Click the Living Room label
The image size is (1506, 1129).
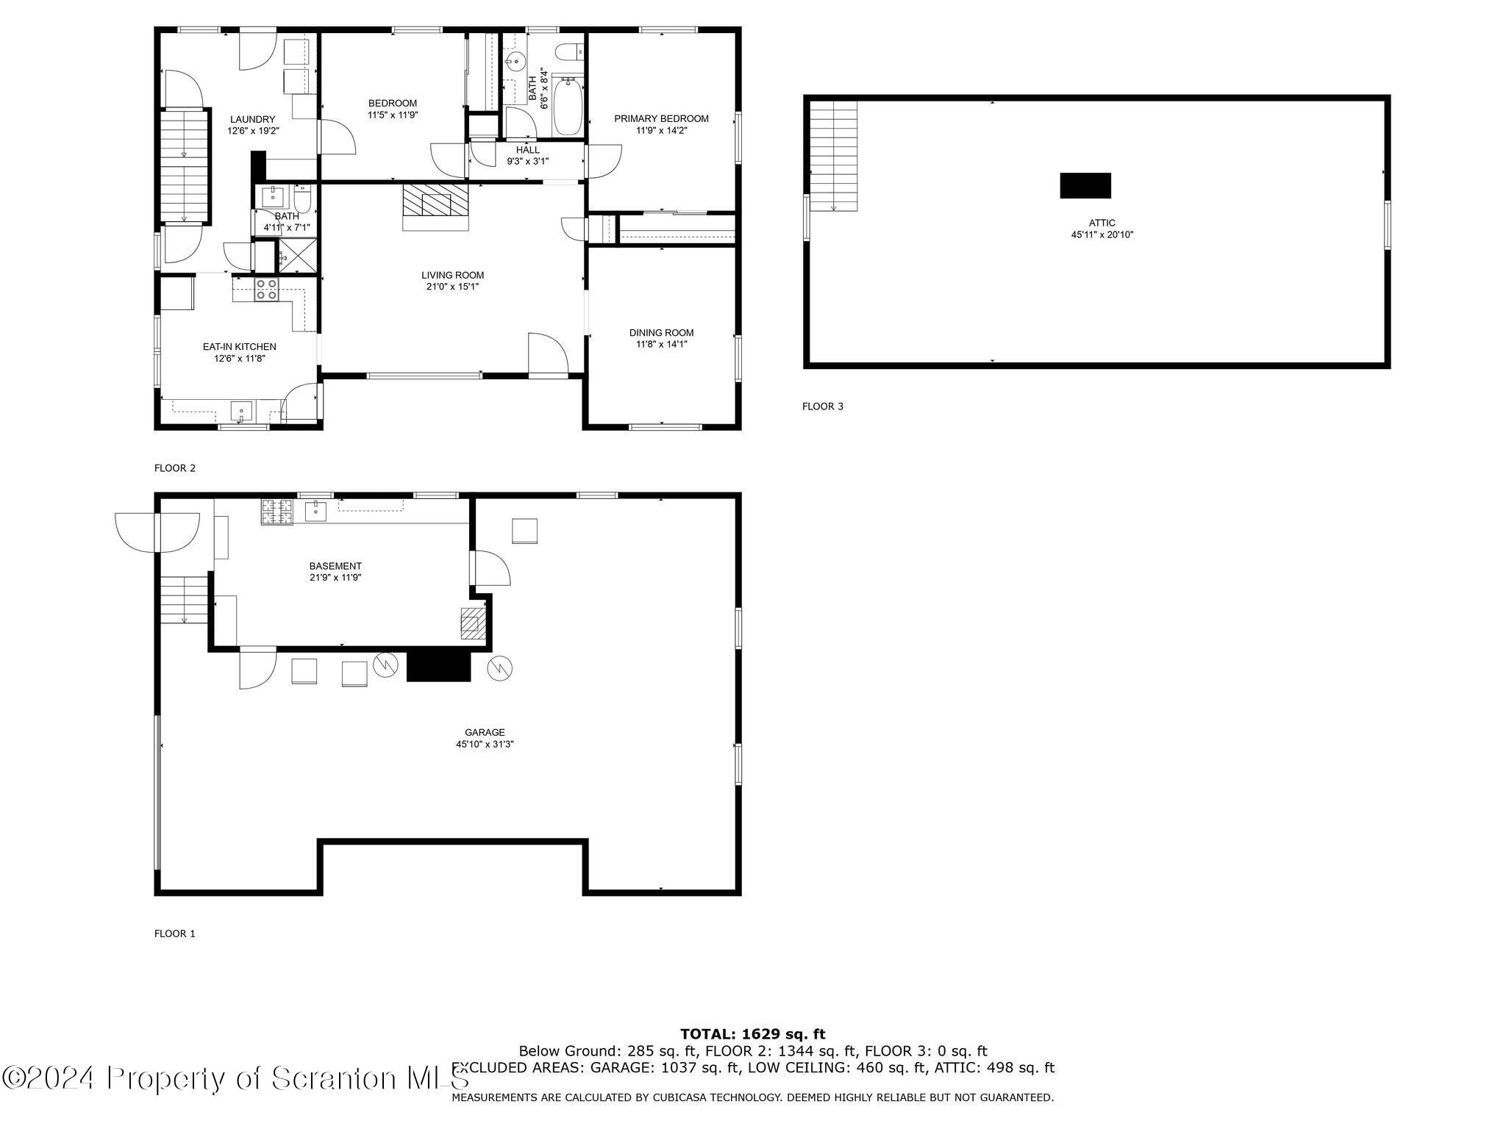pos(452,276)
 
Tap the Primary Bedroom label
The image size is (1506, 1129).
pos(661,119)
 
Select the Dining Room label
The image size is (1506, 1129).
pos(661,333)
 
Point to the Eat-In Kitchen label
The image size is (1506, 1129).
pos(239,347)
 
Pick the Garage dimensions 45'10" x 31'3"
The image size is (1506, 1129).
pos(485,745)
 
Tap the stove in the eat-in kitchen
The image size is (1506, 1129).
pos(266,290)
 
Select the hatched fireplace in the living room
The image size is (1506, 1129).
pos(435,199)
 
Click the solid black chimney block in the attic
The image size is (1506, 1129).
pos(1085,186)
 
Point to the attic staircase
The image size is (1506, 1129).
pos(833,156)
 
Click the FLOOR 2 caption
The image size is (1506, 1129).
pos(175,468)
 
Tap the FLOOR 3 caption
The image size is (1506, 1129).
pos(823,406)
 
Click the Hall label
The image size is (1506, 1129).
pos(527,150)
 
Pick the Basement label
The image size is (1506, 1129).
pos(335,566)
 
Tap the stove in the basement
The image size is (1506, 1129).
pos(276,512)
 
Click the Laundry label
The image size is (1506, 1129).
pos(253,120)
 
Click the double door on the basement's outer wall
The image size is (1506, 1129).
pos(157,532)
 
